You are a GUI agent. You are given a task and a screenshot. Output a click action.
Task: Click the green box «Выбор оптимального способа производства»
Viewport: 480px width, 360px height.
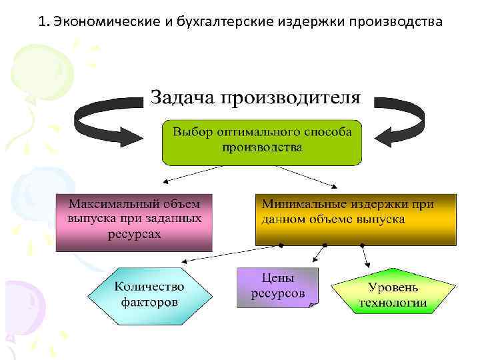point(262,141)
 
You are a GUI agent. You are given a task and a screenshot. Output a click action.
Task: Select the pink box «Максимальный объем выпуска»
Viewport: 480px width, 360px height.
point(134,221)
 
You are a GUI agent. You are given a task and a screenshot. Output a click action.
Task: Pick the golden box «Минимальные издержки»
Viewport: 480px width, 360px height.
point(355,218)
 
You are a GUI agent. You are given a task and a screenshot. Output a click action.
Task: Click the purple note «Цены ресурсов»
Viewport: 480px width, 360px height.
point(278,287)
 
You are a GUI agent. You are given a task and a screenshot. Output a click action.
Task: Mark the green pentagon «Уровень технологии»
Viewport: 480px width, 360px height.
point(393,295)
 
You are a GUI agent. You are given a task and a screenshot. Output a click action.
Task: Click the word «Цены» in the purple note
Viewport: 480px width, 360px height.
point(278,279)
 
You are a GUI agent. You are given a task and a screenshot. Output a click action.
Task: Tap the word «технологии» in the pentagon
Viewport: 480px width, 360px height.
point(393,303)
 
